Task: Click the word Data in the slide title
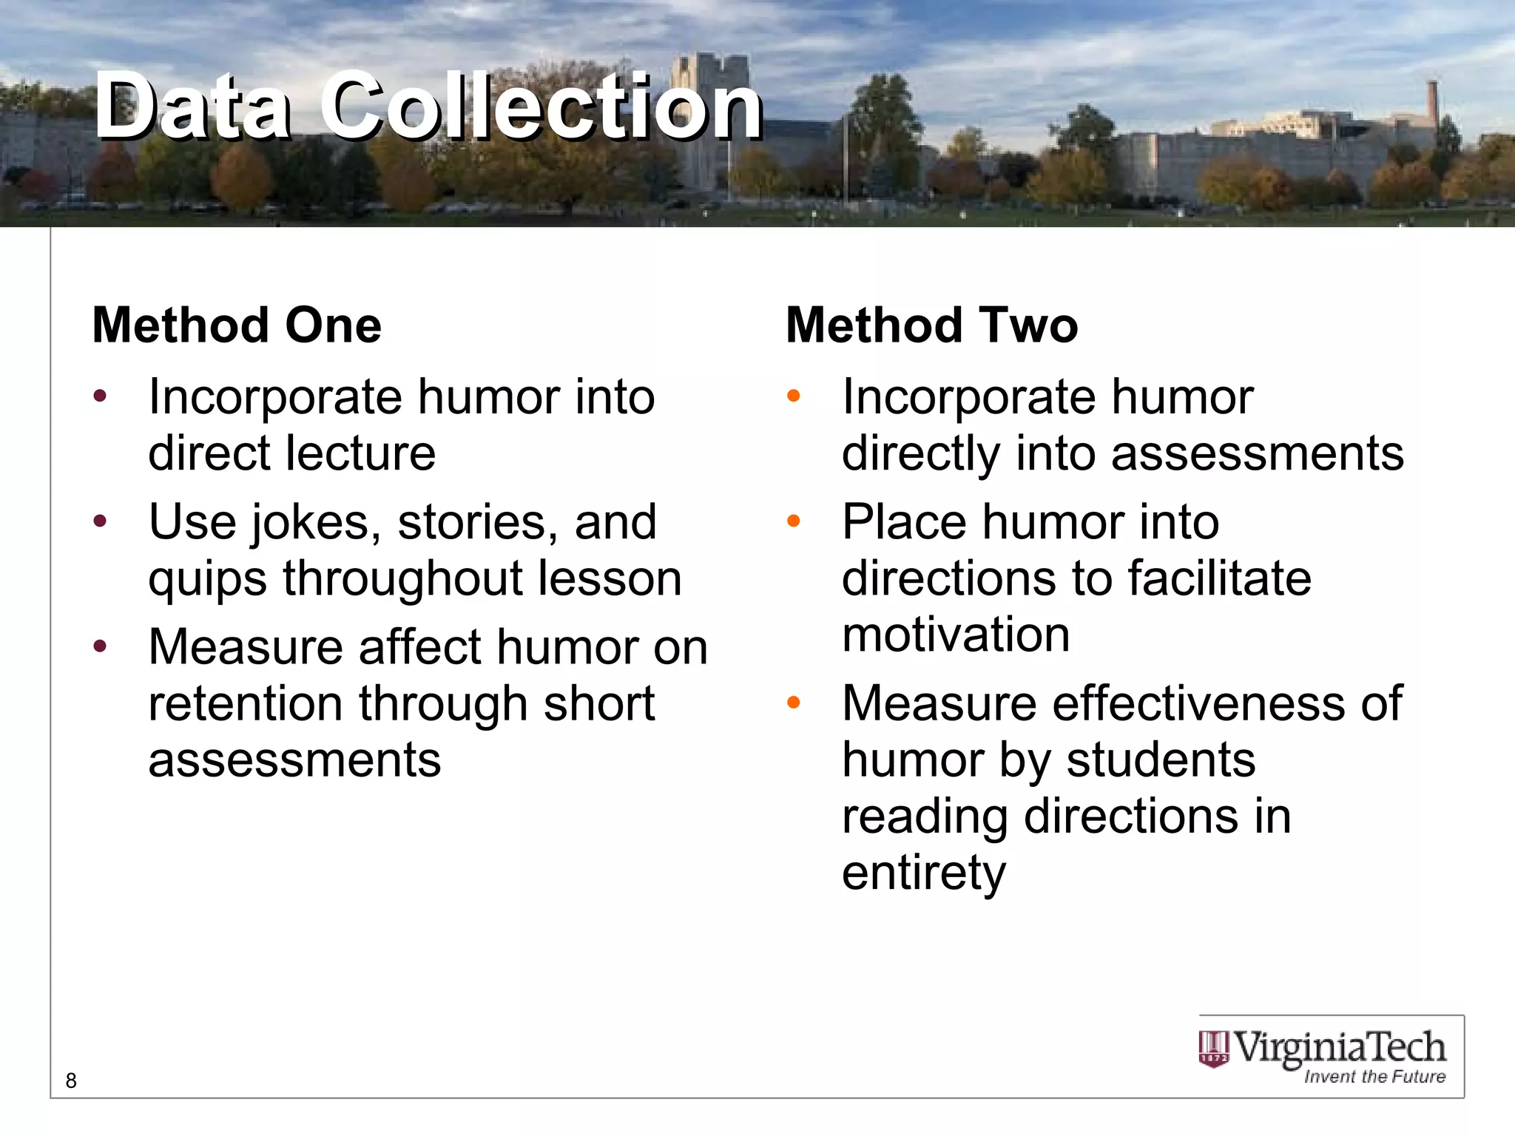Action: point(193,106)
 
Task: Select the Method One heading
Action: point(237,325)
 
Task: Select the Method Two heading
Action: point(932,325)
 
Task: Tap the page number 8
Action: point(71,1081)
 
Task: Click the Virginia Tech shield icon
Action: point(1213,1049)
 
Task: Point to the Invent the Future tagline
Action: point(1374,1077)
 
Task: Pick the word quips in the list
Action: point(207,578)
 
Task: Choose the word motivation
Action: point(956,635)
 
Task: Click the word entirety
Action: point(924,873)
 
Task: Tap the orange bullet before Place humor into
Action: point(794,521)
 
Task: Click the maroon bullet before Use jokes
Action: point(100,521)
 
